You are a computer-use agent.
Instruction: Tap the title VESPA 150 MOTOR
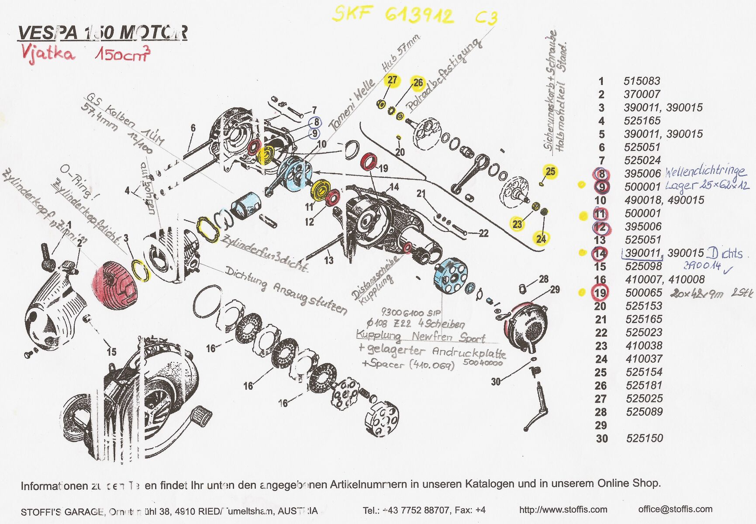coord(102,33)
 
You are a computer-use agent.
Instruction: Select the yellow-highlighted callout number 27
coord(392,80)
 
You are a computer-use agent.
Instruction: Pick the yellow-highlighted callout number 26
coord(418,83)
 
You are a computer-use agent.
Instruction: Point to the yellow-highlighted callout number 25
coord(550,172)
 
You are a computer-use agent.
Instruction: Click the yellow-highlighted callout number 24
coord(541,238)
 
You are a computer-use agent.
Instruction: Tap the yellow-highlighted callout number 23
coord(517,224)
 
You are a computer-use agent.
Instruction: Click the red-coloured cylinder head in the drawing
coord(116,285)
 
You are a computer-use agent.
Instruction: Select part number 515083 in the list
coord(642,81)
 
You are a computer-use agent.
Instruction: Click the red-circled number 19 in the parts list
coord(601,293)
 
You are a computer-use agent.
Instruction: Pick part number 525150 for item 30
coord(644,438)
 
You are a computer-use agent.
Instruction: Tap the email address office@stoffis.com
coord(675,509)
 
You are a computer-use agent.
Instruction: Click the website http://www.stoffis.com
coord(563,510)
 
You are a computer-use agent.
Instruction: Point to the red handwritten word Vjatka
coord(48,54)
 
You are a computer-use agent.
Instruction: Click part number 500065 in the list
coord(643,293)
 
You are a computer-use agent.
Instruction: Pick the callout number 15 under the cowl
coord(111,352)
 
